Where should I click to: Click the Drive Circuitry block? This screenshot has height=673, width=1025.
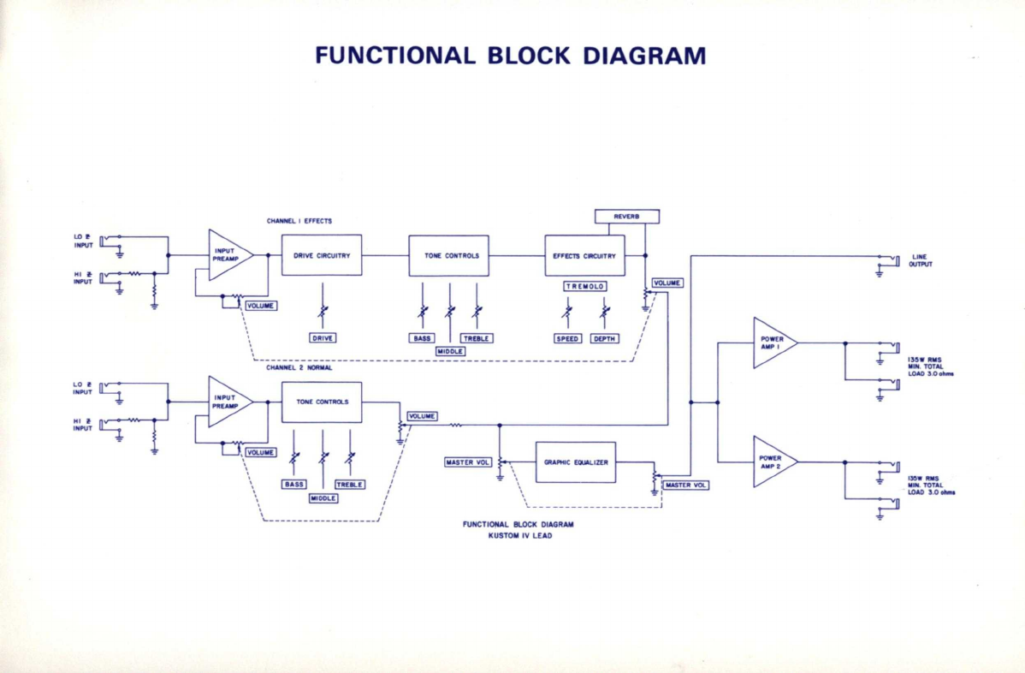322,255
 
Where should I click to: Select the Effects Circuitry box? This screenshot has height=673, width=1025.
584,256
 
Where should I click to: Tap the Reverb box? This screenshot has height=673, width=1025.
627,217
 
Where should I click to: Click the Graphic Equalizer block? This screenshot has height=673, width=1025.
576,462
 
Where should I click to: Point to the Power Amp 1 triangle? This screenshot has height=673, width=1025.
774,342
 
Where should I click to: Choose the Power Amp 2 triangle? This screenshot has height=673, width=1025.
774,462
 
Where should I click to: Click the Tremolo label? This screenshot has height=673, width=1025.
585,287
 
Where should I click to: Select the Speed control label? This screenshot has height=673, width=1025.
567,339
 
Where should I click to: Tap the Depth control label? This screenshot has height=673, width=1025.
604,339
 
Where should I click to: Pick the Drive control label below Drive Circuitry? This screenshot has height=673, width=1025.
323,338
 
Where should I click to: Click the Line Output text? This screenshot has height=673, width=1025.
921,261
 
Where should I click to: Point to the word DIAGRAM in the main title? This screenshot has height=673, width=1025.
644,56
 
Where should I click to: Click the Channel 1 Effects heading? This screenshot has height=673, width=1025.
299,221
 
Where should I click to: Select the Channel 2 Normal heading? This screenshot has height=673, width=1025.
299,367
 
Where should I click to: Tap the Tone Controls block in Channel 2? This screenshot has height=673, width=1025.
322,402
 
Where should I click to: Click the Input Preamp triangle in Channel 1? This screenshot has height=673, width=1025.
228,255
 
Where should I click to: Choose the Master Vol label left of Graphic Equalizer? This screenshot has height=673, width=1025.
467,462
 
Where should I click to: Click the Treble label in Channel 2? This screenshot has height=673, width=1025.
350,485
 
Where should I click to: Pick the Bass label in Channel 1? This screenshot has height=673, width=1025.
423,338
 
